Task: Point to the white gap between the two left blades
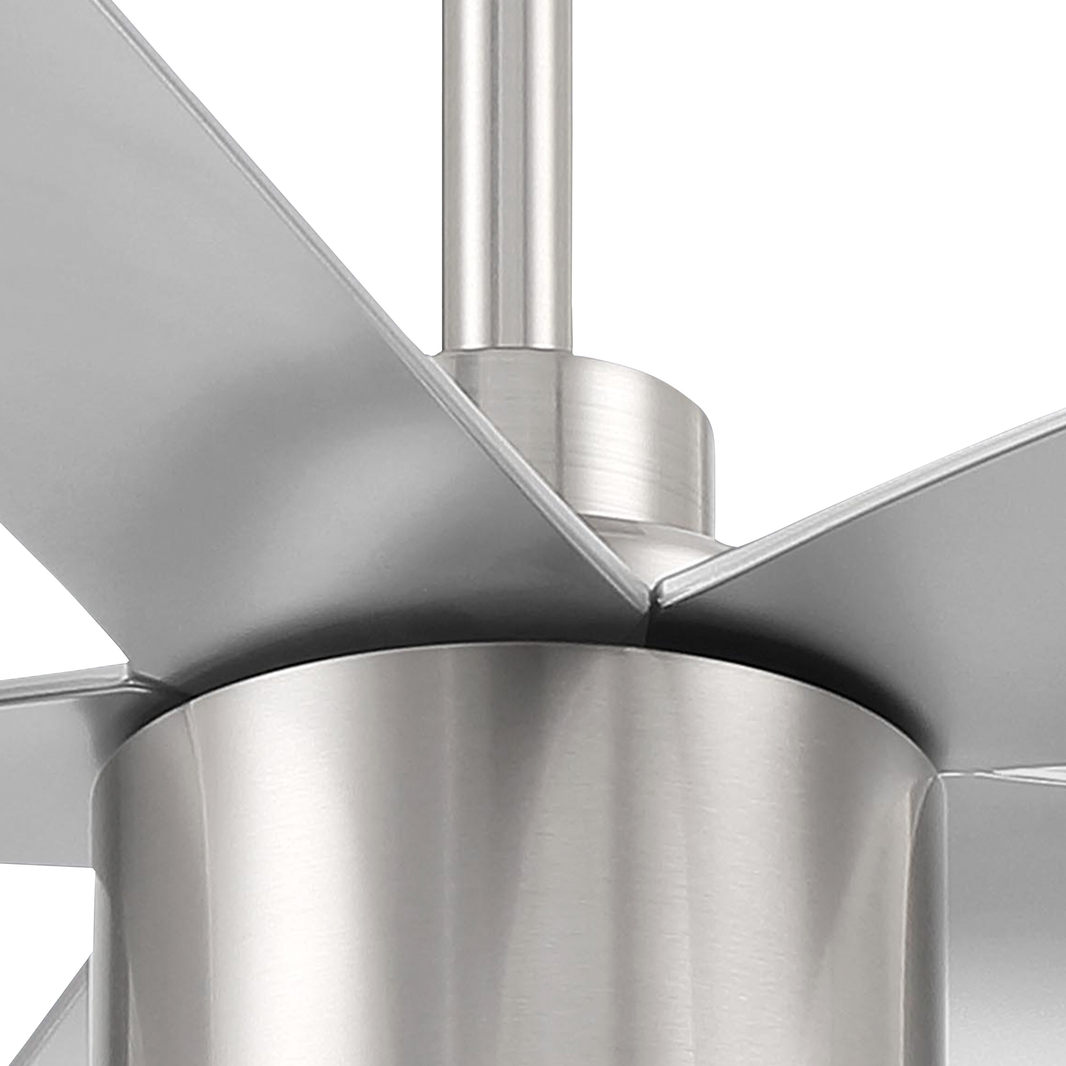tap(44, 618)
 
